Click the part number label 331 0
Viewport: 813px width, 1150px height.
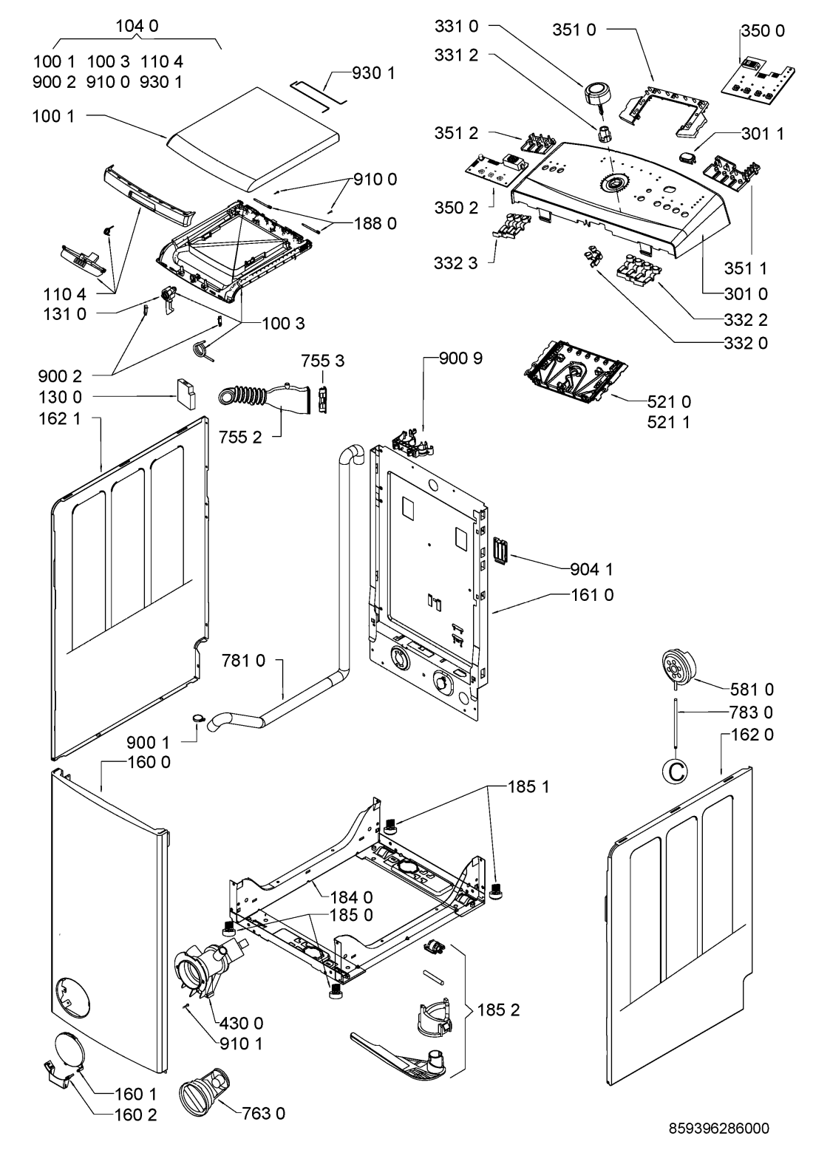point(456,26)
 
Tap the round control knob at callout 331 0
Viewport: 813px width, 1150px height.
point(596,95)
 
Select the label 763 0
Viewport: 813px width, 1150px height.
point(263,1113)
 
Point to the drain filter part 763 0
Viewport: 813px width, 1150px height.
point(202,1095)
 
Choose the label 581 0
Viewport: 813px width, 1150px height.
point(752,689)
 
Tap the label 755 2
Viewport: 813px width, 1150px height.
point(240,437)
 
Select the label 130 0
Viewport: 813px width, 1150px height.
point(60,397)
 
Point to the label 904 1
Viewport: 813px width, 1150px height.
point(592,569)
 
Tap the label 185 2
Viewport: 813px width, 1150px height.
point(498,1010)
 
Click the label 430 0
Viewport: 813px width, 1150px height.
point(241,1023)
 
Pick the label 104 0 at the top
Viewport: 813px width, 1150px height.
point(137,26)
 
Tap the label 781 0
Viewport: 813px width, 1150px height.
point(243,660)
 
